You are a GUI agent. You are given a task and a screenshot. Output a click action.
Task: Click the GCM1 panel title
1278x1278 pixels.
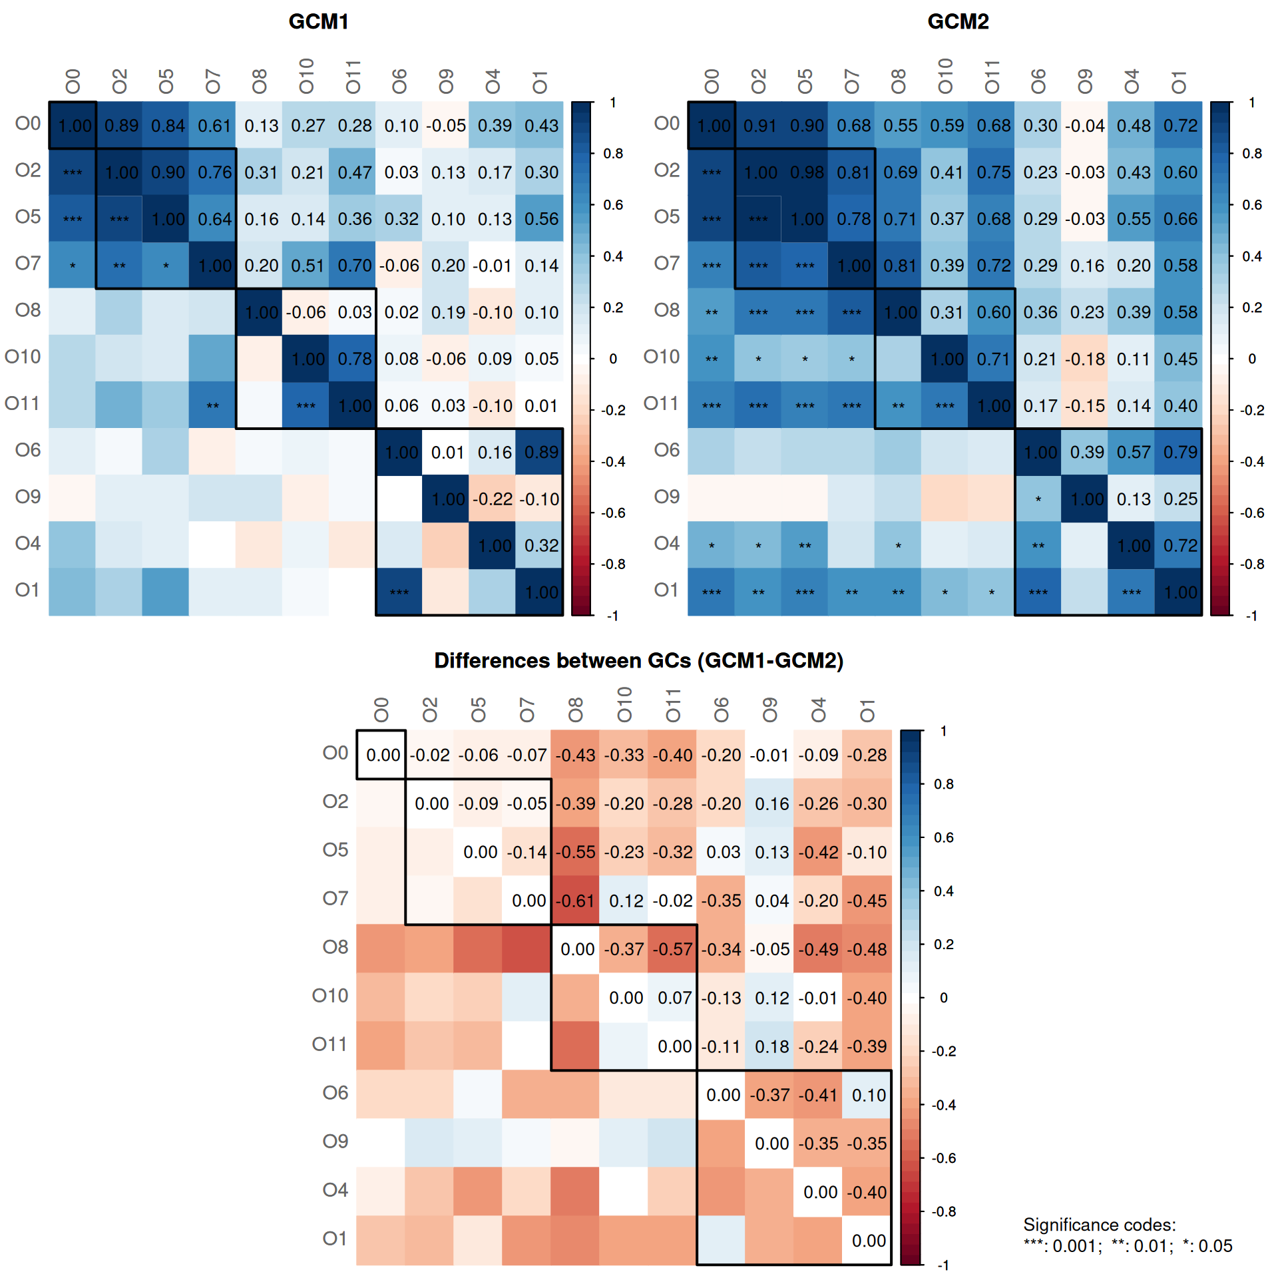(x=318, y=22)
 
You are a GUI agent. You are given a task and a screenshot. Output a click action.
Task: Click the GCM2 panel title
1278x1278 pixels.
(x=958, y=22)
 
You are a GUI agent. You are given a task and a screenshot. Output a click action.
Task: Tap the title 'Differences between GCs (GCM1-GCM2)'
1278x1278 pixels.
(x=638, y=660)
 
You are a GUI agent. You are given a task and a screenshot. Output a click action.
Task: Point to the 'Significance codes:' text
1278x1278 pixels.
(x=1099, y=1225)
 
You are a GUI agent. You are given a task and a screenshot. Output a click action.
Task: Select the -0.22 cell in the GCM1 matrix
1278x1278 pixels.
(x=493, y=499)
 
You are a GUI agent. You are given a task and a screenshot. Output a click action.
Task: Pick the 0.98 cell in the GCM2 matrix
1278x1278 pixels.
(x=807, y=172)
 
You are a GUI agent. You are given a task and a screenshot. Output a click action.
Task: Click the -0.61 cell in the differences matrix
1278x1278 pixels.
(x=576, y=901)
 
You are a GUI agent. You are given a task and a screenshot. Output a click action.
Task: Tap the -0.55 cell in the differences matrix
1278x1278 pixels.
(x=576, y=852)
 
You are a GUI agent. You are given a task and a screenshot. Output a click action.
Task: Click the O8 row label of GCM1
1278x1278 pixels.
(x=28, y=310)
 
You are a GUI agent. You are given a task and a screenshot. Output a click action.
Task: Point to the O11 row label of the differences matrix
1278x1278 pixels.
(x=330, y=1044)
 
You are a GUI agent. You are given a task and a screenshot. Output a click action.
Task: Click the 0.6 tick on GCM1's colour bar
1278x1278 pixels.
(x=613, y=205)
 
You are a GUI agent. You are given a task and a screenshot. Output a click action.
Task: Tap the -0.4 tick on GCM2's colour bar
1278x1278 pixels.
(x=1252, y=462)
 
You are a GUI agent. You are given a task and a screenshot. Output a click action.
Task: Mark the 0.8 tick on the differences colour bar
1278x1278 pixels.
(x=943, y=784)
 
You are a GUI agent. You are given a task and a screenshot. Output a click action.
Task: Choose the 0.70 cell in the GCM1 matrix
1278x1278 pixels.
(x=354, y=266)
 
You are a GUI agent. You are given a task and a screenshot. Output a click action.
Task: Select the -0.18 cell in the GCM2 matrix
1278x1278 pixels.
(x=1085, y=359)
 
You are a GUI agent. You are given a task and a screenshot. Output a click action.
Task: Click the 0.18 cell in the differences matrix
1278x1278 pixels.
(x=771, y=1046)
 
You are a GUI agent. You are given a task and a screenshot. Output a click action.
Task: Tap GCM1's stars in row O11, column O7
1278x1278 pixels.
(x=212, y=405)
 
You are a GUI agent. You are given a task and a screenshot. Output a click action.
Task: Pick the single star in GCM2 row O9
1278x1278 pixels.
(x=1038, y=499)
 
